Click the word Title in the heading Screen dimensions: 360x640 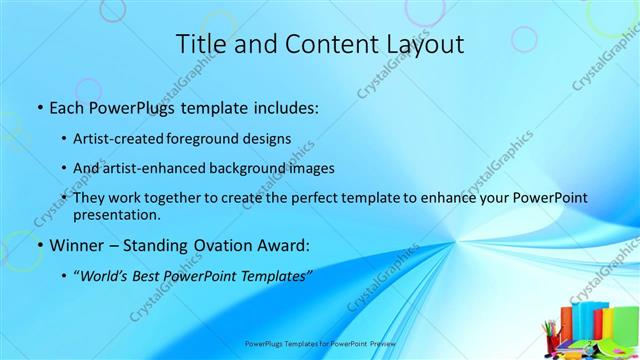click(201, 44)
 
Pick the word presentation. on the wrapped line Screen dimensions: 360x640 click(123, 214)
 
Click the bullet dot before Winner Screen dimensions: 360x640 click(38, 245)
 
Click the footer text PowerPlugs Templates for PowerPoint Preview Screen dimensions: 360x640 click(320, 342)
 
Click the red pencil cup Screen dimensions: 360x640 click(550, 334)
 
